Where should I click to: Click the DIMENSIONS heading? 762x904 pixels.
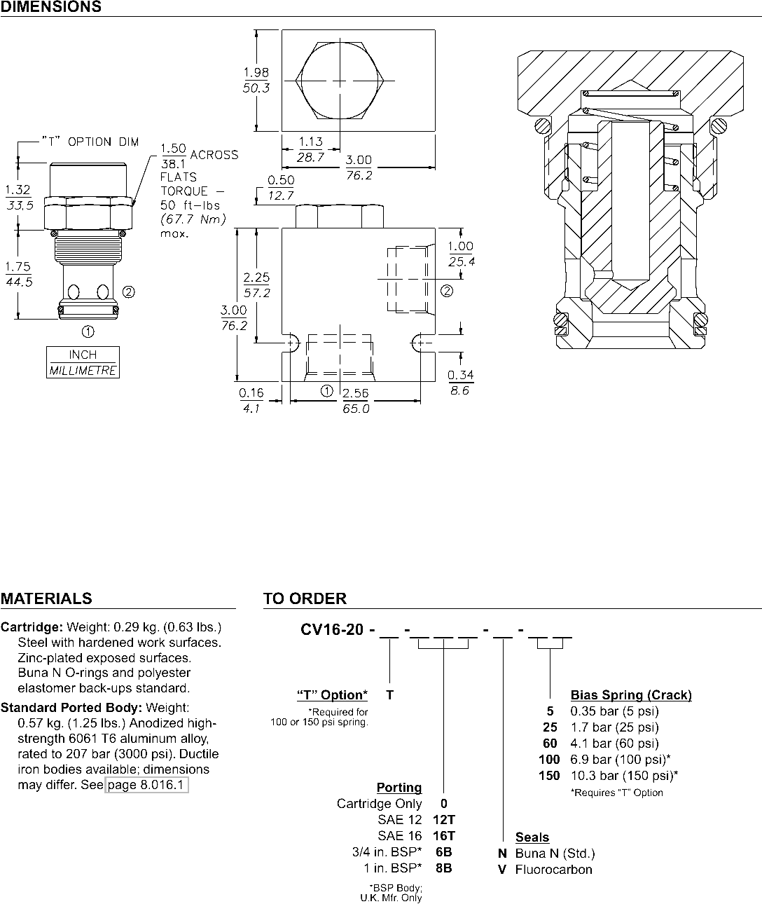50,7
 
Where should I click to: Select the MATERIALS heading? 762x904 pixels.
46,598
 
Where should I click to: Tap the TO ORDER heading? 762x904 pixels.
305,598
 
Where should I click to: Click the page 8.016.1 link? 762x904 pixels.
146,785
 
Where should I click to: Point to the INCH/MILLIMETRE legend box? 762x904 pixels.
83,362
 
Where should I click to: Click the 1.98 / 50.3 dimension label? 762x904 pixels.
256,81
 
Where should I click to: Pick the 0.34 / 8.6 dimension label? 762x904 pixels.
460,383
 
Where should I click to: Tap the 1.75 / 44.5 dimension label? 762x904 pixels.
18,274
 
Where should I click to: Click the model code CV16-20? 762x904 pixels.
332,629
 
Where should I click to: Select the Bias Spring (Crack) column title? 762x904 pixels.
631,695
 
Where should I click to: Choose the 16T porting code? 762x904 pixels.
444,835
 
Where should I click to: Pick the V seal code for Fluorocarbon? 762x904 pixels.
502,870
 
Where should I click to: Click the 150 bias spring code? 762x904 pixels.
549,775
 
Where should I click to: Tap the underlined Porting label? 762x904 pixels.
399,787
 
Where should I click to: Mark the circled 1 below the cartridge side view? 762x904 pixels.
88,329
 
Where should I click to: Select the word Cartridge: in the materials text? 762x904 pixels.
32,626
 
